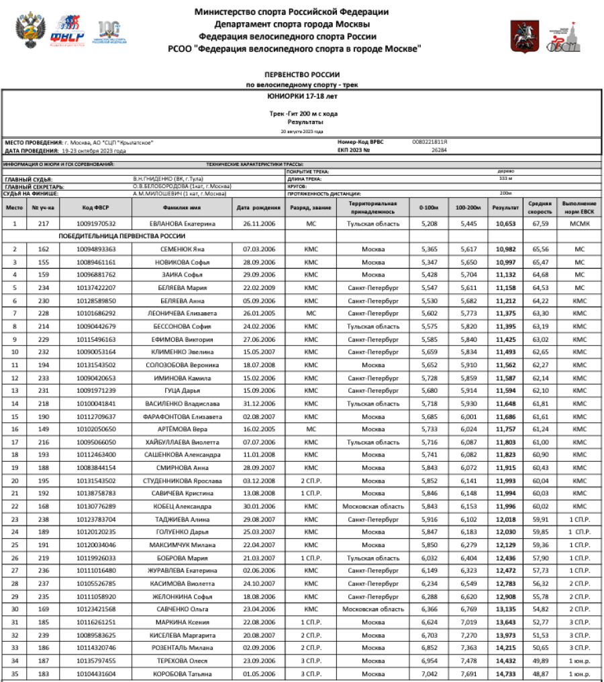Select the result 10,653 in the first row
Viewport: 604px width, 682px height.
point(505,224)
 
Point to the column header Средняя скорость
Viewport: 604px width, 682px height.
point(540,207)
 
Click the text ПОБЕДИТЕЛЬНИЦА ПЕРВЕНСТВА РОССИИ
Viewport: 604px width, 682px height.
point(121,236)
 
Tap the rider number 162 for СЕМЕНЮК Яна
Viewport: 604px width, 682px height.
point(44,249)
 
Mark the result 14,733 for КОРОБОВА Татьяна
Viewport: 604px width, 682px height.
point(505,673)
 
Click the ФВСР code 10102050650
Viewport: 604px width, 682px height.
point(96,429)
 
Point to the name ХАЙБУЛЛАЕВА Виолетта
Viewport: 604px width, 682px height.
point(183,442)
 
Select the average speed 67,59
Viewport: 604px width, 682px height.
point(540,224)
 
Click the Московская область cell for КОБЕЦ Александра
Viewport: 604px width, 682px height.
point(373,506)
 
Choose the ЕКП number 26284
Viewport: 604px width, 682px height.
point(440,150)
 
